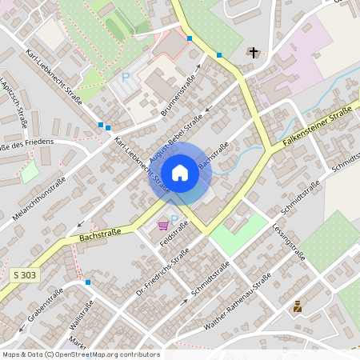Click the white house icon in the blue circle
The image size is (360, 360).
click(180, 173)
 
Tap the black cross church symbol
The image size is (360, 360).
click(254, 53)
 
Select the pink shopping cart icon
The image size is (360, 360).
click(163, 226)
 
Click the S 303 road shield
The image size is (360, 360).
click(25, 274)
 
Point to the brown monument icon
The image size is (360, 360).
click(298, 306)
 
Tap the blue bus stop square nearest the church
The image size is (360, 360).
click(219, 55)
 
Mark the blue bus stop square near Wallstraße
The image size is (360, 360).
click(88, 282)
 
